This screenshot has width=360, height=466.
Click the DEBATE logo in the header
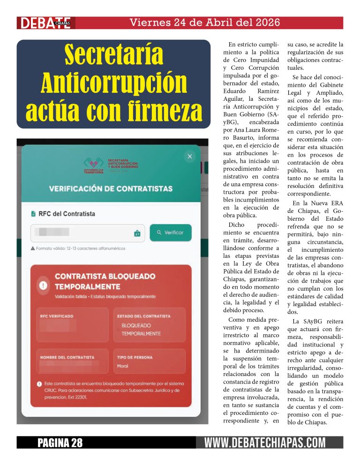coord(45,23)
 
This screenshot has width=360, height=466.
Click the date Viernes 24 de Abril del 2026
coord(204,22)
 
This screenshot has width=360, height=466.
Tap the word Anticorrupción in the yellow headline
coord(113,83)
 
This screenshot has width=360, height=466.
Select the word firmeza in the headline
coord(157,111)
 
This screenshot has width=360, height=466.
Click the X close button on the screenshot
coord(189,157)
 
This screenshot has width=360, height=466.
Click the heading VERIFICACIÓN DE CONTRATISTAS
coord(111,188)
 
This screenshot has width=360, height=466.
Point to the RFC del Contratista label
coord(66,214)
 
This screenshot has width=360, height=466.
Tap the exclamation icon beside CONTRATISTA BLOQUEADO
coord(44,285)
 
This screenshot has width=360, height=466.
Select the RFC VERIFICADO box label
coord(57,316)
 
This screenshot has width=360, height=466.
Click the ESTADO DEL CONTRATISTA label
coord(144,316)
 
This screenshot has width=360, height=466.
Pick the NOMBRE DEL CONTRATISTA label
coord(67,357)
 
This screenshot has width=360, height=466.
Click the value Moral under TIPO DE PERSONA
coord(123,366)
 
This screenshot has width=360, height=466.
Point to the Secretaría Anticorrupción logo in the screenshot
coord(111,165)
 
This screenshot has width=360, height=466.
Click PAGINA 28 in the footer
coord(60,443)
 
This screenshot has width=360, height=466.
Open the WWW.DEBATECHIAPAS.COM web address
coord(265,443)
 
